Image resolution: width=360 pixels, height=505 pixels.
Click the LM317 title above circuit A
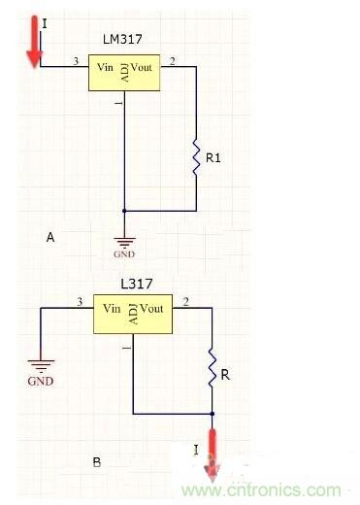tap(122, 39)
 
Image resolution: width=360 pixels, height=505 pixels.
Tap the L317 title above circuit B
tap(136, 284)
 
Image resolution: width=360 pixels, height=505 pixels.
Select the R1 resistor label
tap(213, 158)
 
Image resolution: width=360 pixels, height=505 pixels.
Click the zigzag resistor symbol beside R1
tap(196, 157)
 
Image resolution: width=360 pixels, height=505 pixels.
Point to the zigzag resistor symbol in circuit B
tap(212, 367)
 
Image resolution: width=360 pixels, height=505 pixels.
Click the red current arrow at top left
tap(34, 41)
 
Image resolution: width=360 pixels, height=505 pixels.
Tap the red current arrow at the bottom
tap(213, 454)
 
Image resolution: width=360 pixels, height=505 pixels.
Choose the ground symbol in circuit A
tap(124, 242)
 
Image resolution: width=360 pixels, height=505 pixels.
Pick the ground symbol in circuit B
tap(41, 365)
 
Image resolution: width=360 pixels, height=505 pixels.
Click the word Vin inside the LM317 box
tap(105, 67)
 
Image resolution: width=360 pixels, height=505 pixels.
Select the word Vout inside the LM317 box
tap(142, 67)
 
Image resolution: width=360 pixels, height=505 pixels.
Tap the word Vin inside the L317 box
tap(112, 308)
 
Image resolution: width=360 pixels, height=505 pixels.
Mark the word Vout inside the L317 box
tap(151, 308)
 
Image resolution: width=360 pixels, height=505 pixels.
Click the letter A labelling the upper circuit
tap(50, 237)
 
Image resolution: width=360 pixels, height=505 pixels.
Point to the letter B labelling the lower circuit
tap(97, 462)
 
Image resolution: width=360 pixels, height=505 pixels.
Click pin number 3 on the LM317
tap(76, 60)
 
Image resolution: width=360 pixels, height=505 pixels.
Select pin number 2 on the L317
tap(186, 302)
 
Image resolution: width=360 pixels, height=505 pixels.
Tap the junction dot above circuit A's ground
tap(124, 211)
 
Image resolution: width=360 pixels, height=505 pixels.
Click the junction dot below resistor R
tap(213, 414)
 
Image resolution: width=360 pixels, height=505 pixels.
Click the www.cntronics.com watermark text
tap(261, 490)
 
